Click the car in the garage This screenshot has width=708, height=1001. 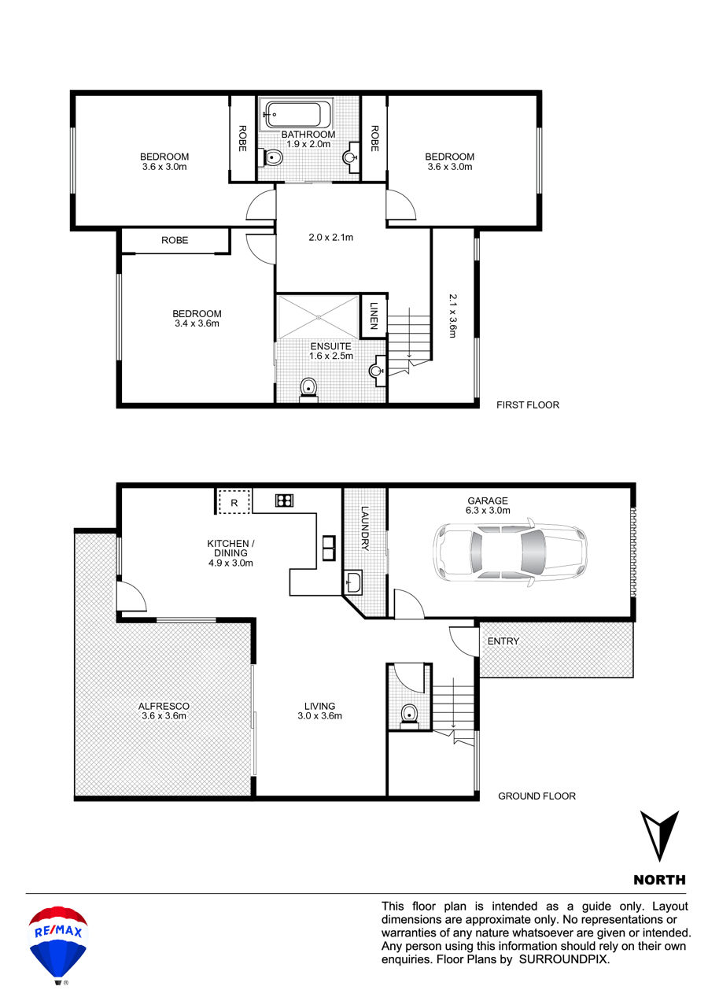click(x=510, y=552)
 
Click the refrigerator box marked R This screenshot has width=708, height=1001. click(x=234, y=502)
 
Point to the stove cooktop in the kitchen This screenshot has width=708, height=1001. click(x=284, y=500)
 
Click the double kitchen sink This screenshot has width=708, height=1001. click(x=329, y=548)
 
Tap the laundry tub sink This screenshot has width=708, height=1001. click(x=353, y=582)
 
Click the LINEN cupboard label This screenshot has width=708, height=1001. click(x=374, y=316)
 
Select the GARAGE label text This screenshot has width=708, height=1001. click(x=487, y=500)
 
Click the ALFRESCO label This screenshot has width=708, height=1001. click(x=164, y=706)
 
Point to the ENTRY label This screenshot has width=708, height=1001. click(x=503, y=641)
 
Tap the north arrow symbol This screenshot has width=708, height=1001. click(x=659, y=836)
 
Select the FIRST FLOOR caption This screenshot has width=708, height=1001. click(x=528, y=404)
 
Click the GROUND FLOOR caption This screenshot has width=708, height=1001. click(x=537, y=796)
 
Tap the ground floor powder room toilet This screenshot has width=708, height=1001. click(x=409, y=716)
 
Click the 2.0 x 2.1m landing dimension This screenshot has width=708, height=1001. click(x=330, y=238)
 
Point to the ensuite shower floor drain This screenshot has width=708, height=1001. click(x=318, y=317)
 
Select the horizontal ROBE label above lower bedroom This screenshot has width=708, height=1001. click(x=175, y=241)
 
